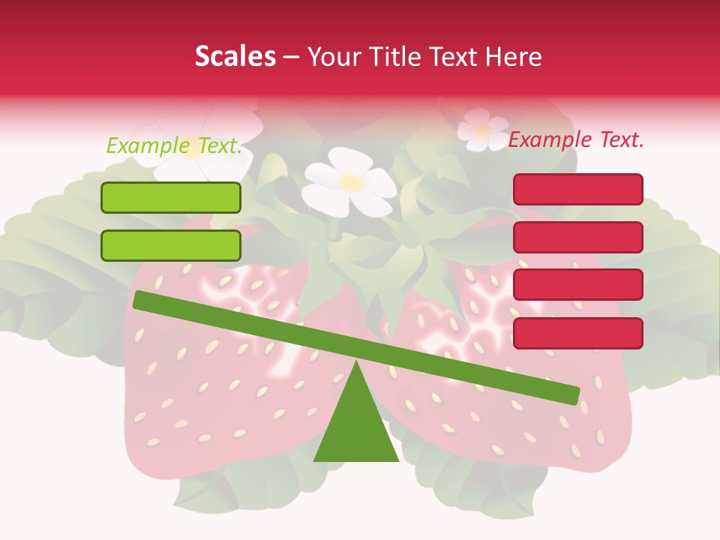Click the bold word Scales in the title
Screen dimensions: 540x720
[x=235, y=56]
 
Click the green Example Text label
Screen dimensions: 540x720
[x=174, y=145]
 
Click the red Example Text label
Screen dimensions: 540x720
[x=576, y=139]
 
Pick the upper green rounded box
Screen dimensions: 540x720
[x=171, y=197]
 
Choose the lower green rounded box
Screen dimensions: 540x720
[x=171, y=245]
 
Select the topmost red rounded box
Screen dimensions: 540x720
[x=577, y=189]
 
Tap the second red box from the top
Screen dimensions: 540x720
[x=577, y=237]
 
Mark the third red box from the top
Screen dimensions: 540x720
[x=577, y=285]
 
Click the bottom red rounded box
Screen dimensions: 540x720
[x=577, y=333]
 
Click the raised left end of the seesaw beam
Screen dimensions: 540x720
[x=142, y=300]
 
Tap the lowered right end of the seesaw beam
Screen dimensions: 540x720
[x=570, y=395]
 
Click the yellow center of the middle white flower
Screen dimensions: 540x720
[x=350, y=181]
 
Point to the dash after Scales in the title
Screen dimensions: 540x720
[x=292, y=57]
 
